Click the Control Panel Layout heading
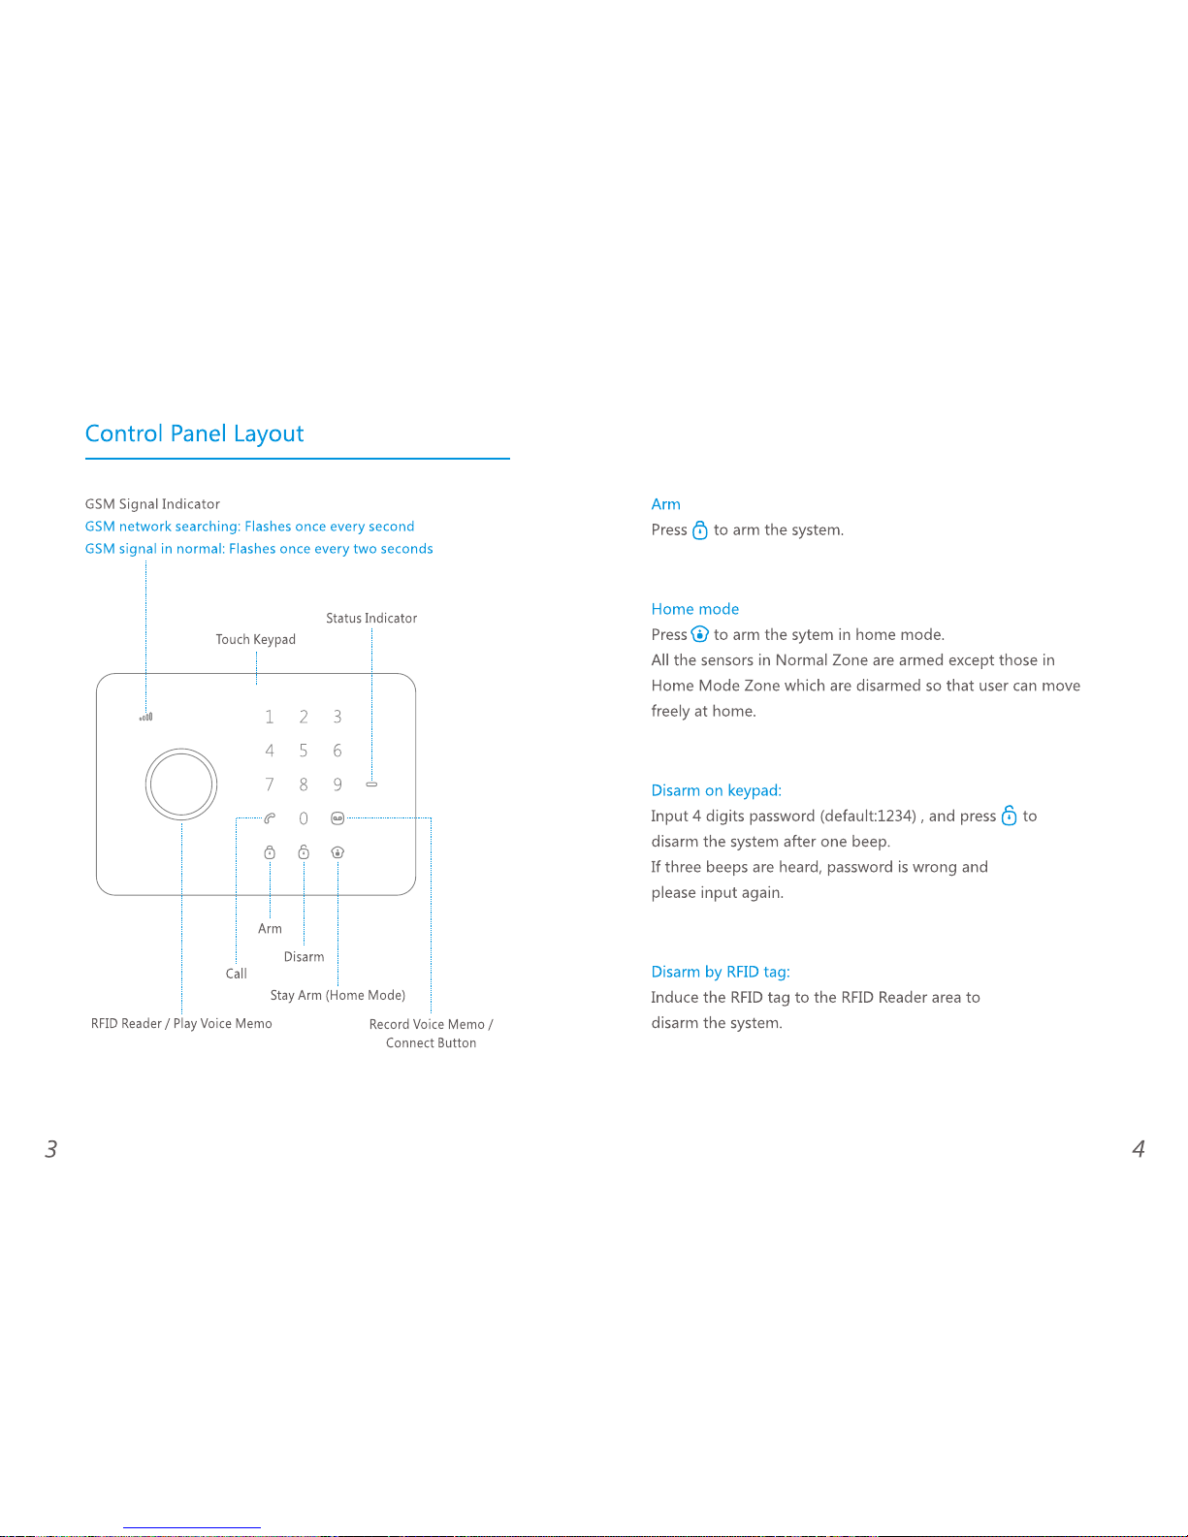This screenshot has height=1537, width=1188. [194, 433]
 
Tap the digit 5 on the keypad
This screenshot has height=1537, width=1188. [304, 751]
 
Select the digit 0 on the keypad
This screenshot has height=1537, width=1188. [304, 818]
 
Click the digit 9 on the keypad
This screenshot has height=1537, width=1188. [337, 785]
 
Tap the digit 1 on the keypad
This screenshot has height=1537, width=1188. [270, 717]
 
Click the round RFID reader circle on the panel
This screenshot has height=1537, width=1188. [181, 784]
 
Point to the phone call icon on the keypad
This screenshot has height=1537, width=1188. [270, 818]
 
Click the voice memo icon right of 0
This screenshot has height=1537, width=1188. [337, 818]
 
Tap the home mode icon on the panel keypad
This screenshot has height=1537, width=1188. [337, 852]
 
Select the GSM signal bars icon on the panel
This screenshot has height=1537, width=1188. [146, 718]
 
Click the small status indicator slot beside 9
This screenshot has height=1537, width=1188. [371, 784]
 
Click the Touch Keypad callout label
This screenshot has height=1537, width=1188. [255, 639]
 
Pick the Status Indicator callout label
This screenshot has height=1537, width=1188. [371, 618]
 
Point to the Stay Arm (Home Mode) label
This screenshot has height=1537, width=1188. [337, 995]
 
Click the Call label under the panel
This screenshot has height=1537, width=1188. [237, 974]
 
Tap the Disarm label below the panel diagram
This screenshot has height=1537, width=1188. [304, 956]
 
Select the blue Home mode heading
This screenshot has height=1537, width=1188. [694, 609]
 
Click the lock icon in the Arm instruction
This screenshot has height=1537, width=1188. [700, 530]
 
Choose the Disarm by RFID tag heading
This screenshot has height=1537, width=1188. [721, 972]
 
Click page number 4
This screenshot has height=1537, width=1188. [1139, 1149]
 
